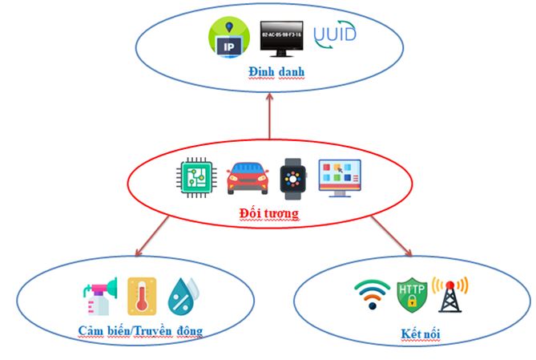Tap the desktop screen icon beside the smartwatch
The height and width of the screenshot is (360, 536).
[x=341, y=177]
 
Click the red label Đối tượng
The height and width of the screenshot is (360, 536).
[x=268, y=213]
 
